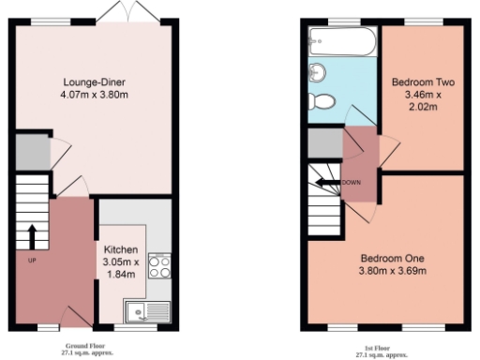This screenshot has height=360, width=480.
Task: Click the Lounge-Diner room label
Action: tap(91, 81)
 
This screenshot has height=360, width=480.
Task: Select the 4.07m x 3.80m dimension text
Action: tap(91, 94)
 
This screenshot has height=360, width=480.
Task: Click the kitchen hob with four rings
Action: tap(158, 265)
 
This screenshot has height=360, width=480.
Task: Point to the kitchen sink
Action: tap(151, 308)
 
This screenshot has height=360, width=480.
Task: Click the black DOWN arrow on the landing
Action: tap(328, 183)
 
